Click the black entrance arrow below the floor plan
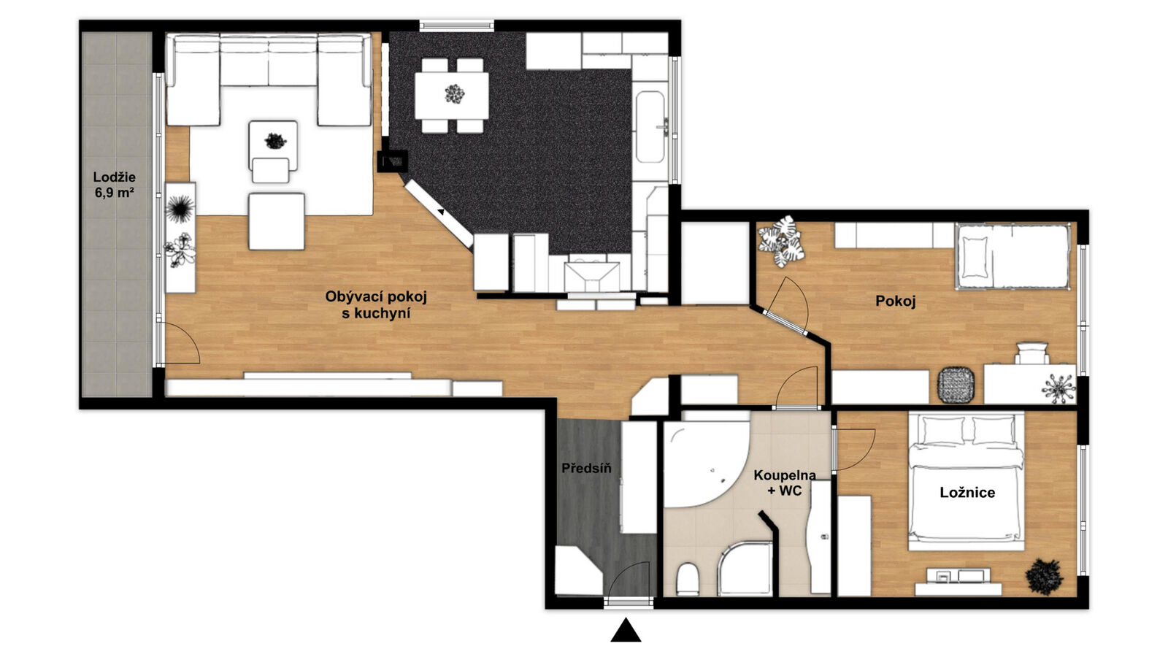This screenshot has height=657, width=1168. (626, 631)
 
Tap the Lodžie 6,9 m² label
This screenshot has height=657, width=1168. (115, 185)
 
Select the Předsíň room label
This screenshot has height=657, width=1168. (586, 468)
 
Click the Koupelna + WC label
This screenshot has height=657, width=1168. (785, 483)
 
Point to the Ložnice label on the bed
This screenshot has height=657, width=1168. (967, 492)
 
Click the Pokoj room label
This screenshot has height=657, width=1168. (895, 301)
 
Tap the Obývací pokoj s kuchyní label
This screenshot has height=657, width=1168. (376, 305)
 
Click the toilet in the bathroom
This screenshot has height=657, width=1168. (688, 579)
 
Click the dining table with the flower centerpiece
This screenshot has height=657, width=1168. (452, 96)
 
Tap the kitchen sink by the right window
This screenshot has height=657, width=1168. (650, 127)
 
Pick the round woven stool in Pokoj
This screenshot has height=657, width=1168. (956, 385)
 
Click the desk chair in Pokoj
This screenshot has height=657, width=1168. (1032, 353)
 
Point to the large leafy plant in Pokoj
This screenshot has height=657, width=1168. (780, 242)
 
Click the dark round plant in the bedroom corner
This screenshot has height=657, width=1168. (1044, 577)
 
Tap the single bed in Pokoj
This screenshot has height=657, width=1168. (1012, 256)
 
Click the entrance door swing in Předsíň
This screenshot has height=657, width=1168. (630, 580)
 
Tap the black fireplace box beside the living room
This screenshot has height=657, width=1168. (393, 161)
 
